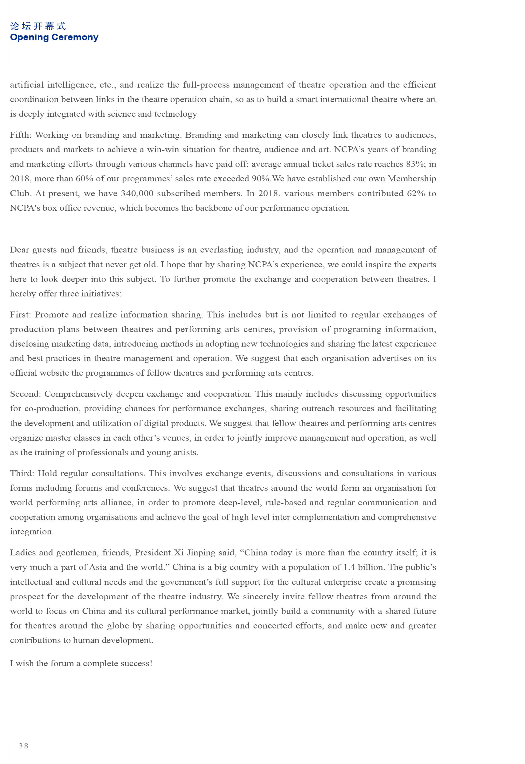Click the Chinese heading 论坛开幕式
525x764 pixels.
[38, 26]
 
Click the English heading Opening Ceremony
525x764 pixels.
[54, 37]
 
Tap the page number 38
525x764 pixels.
[24, 746]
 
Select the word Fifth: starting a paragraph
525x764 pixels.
[20, 135]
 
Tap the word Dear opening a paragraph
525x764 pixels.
[19, 250]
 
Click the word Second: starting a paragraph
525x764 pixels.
[25, 394]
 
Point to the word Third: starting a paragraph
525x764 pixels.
[22, 473]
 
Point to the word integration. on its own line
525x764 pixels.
[32, 532]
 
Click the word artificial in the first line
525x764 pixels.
[27, 85]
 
